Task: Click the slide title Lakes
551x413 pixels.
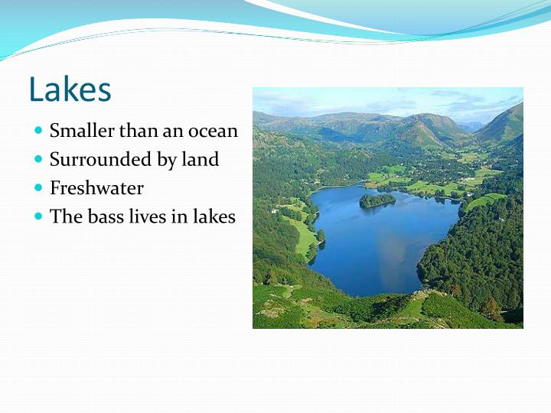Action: click(70, 89)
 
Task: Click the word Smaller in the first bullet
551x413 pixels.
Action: click(77, 131)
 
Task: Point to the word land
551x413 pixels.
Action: click(201, 159)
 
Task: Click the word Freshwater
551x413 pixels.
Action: click(96, 188)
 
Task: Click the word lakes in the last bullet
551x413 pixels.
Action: click(214, 216)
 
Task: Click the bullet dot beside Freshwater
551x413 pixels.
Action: click(39, 188)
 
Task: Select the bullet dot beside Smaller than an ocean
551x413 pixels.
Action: click(39, 131)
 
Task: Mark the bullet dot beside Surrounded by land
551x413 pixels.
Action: click(39, 159)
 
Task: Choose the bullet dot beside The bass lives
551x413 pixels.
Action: click(39, 216)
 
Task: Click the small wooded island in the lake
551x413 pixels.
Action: click(377, 200)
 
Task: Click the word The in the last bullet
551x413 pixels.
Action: click(64, 216)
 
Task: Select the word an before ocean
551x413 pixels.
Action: click(172, 132)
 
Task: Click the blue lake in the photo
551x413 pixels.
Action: click(383, 245)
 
